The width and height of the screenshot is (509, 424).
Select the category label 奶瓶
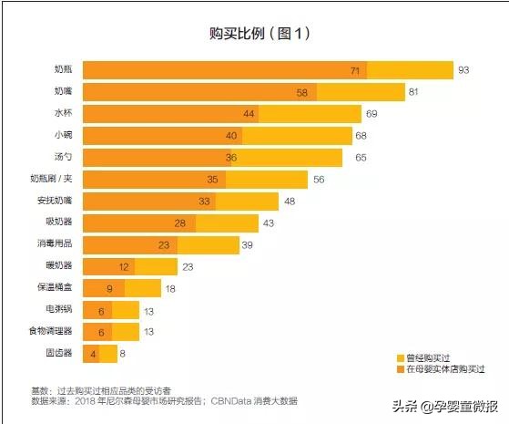65,70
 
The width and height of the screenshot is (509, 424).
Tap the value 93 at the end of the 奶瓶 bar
463,70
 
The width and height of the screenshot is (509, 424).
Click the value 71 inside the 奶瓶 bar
356,70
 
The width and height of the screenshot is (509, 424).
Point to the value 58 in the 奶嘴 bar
302,92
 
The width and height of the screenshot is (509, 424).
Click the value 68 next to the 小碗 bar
361,136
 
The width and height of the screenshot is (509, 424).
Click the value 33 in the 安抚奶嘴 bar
206,202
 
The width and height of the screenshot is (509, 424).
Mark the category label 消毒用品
56,244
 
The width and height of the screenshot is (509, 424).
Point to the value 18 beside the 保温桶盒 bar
169,288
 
